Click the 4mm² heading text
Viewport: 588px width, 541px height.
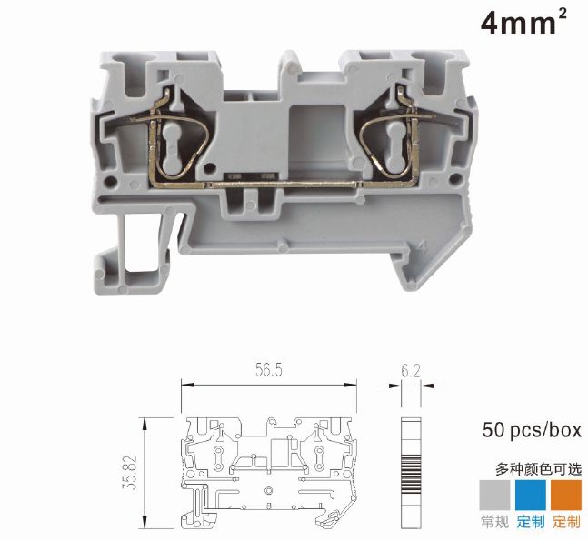click(x=523, y=22)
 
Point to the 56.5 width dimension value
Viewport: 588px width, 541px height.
click(x=268, y=370)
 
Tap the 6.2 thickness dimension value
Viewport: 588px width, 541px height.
click(x=411, y=371)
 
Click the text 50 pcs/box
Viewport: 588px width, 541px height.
click(x=532, y=430)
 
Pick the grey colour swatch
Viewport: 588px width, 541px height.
click(x=494, y=495)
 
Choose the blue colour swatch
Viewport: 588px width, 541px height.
click(x=531, y=495)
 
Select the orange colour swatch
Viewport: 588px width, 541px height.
click(x=566, y=495)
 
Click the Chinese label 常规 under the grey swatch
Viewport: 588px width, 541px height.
click(x=494, y=522)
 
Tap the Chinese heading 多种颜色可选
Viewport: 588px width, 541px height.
click(x=539, y=469)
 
